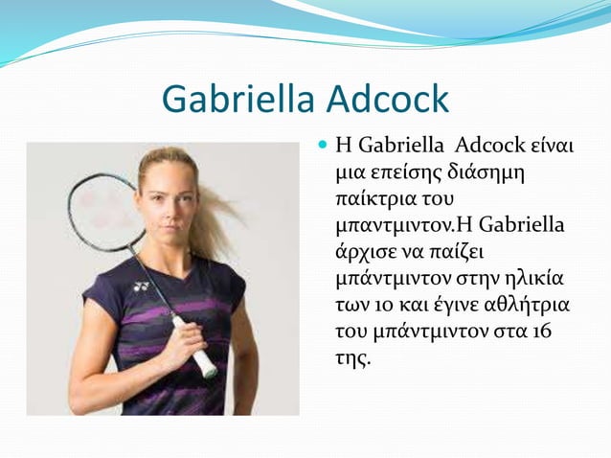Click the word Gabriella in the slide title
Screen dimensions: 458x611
(x=239, y=100)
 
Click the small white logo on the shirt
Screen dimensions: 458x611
(x=143, y=286)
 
